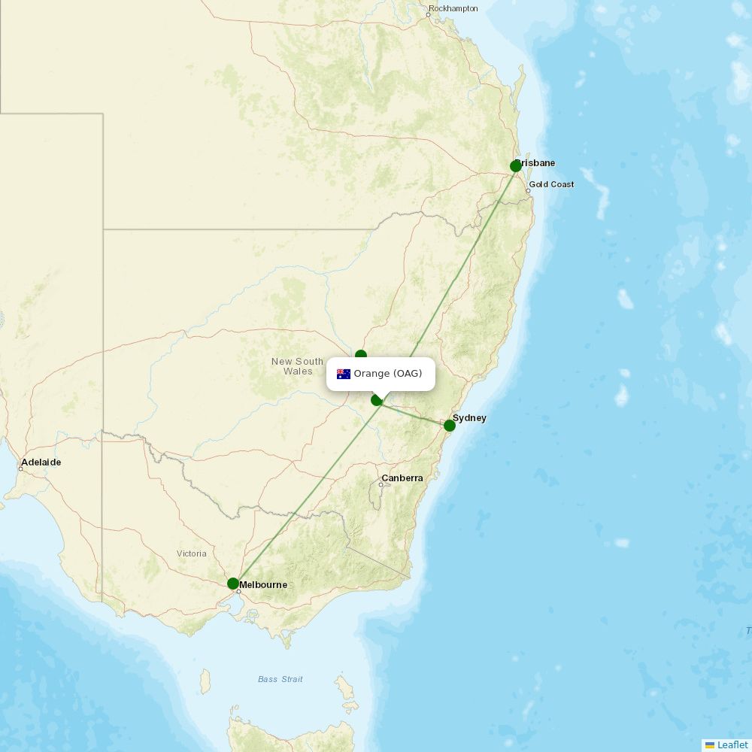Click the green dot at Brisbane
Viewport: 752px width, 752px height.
516,166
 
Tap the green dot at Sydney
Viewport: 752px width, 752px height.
450,426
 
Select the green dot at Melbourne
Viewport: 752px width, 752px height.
233,584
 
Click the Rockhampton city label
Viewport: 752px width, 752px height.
453,9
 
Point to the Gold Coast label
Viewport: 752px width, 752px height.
551,184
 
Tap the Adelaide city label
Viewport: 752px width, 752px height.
41,462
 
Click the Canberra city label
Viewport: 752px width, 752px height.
402,478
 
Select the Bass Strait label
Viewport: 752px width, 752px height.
280,679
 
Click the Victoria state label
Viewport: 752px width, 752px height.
192,553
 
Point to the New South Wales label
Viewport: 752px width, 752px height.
297,366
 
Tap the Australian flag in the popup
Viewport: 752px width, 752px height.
344,374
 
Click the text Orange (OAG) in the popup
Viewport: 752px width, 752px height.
388,374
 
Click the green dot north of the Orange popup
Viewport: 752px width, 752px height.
361,355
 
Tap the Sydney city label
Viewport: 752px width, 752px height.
469,418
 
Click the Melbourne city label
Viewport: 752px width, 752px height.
263,585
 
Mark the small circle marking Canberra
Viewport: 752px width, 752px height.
381,485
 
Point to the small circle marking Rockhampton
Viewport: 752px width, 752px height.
429,14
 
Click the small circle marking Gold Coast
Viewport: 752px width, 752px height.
528,191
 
